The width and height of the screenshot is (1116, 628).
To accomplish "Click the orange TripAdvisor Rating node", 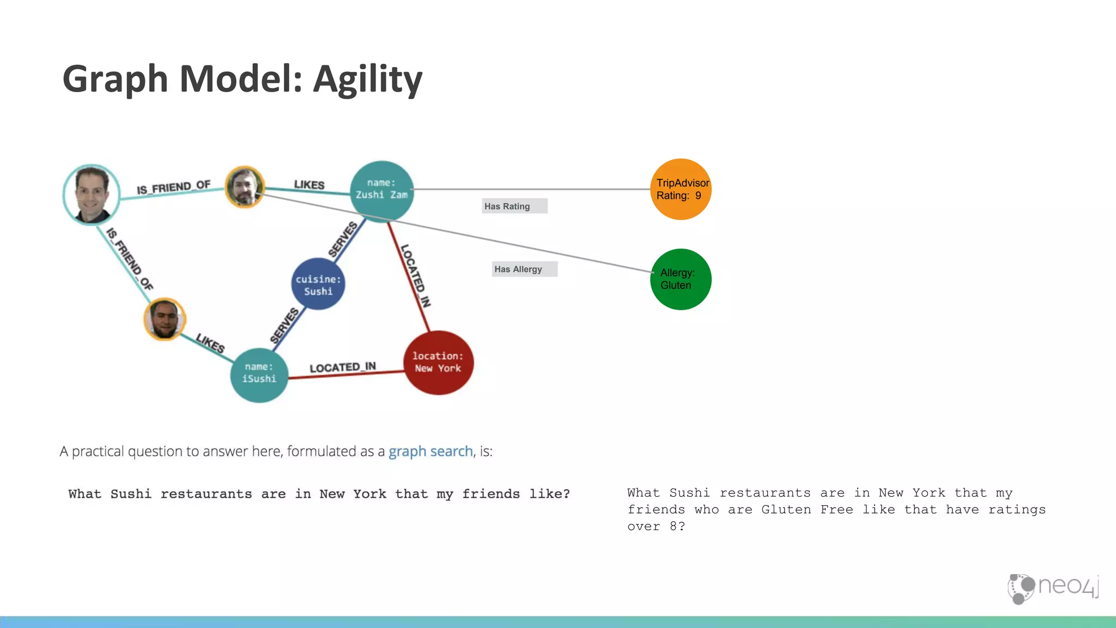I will click(x=680, y=189).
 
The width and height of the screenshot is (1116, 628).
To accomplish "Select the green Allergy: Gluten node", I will click(x=680, y=279).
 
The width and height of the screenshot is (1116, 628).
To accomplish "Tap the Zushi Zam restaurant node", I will click(x=381, y=189).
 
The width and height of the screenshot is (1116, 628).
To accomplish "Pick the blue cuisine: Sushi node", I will click(x=318, y=285).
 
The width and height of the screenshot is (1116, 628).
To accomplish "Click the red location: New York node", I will click(x=438, y=363).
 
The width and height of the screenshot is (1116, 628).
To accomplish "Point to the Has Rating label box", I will click(x=514, y=206).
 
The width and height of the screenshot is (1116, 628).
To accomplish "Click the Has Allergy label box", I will click(x=524, y=269).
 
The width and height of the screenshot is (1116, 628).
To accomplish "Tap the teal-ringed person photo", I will click(x=92, y=195).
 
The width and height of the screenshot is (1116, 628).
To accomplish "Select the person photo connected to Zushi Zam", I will click(x=245, y=187).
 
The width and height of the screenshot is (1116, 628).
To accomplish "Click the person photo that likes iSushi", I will click(x=165, y=319).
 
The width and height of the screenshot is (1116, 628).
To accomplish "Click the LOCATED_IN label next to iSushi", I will click(x=342, y=367).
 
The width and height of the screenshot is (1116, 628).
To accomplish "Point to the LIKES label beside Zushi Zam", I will click(x=309, y=185).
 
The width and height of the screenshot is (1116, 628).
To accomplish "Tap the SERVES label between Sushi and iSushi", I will click(x=284, y=326).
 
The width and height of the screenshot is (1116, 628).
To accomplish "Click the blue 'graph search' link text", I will click(x=430, y=451).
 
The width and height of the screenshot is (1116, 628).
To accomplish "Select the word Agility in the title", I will click(x=367, y=80).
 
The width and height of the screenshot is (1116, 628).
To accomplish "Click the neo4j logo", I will click(x=1053, y=588).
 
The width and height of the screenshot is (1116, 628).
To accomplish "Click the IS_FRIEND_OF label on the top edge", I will click(x=173, y=188).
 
